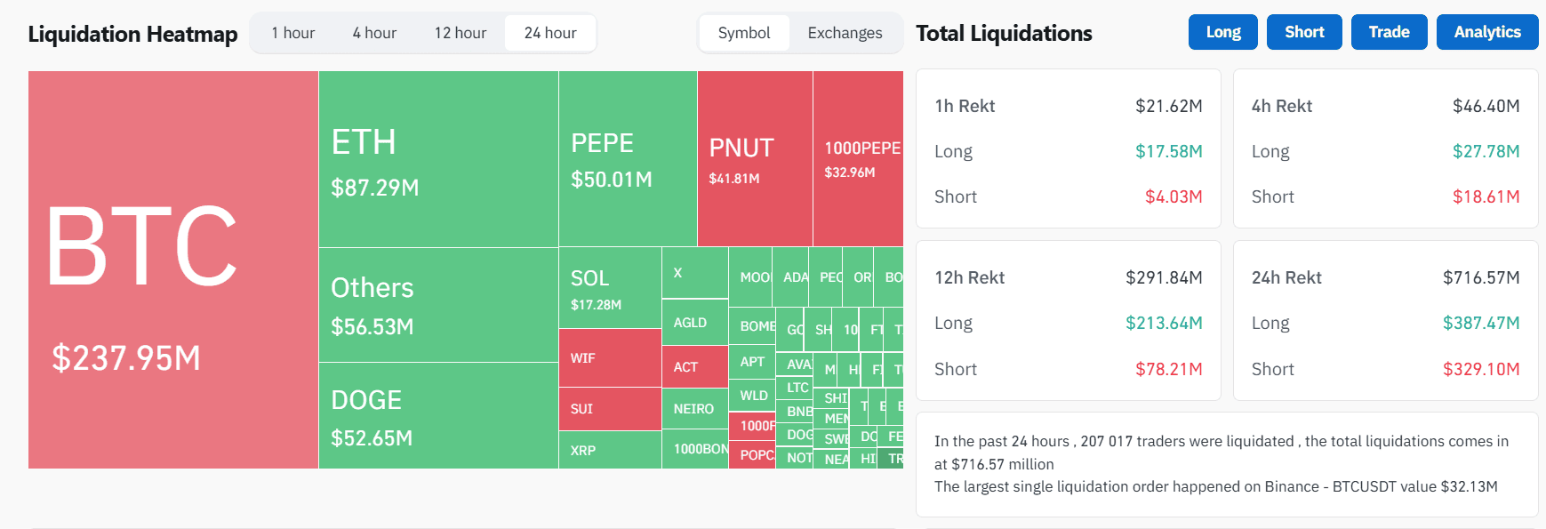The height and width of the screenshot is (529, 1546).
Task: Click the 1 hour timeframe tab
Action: [x=292, y=33]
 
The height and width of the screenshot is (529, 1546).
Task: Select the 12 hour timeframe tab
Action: [x=460, y=33]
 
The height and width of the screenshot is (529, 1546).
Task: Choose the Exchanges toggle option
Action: [x=845, y=33]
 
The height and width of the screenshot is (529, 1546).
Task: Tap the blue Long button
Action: [x=1222, y=32]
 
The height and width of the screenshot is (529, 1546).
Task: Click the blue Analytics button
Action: [x=1486, y=32]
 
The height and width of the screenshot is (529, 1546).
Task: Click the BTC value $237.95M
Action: [x=126, y=358]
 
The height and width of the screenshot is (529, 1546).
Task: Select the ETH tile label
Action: [x=364, y=142]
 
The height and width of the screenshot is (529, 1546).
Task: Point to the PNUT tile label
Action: [x=741, y=148]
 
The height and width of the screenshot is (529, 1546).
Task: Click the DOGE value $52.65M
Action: [x=372, y=438]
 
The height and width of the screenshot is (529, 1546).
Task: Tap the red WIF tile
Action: [x=610, y=358]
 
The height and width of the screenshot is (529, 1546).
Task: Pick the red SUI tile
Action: [x=610, y=409]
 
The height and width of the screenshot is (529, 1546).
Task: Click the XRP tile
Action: [x=610, y=451]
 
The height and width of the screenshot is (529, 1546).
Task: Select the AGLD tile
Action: [x=694, y=323]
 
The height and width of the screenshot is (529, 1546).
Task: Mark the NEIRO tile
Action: [x=694, y=409]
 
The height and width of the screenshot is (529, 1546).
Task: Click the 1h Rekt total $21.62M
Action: [x=1168, y=106]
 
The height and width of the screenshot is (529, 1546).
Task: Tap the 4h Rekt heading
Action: [x=1281, y=106]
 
